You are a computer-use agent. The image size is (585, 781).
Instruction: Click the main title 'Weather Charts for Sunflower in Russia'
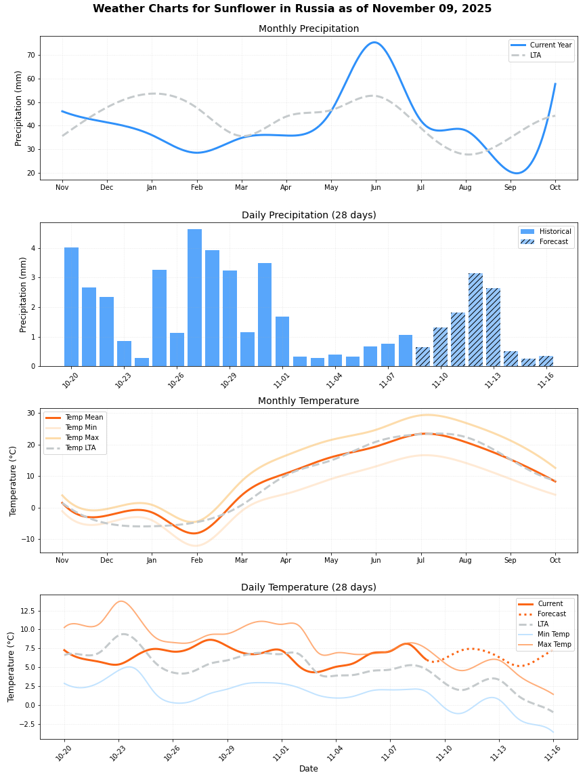pos(292,9)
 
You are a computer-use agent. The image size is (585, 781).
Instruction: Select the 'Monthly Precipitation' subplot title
pos(309,29)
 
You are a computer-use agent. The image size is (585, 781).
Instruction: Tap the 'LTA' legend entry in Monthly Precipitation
pos(538,55)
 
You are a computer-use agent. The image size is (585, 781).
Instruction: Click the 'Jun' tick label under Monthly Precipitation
pos(376,187)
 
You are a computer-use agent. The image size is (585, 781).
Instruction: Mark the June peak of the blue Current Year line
pos(374,43)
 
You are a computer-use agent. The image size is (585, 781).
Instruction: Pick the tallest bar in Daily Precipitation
pos(194,298)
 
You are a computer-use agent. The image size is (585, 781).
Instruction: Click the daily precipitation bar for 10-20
pos(71,307)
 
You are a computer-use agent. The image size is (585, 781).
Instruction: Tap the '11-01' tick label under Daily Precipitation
pos(281,378)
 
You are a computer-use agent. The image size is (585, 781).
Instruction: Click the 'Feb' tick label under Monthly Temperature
pos(196,560)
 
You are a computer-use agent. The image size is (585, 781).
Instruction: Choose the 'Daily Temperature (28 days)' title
pos(309,588)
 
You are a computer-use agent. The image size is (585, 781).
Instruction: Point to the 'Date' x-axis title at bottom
pos(309,769)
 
